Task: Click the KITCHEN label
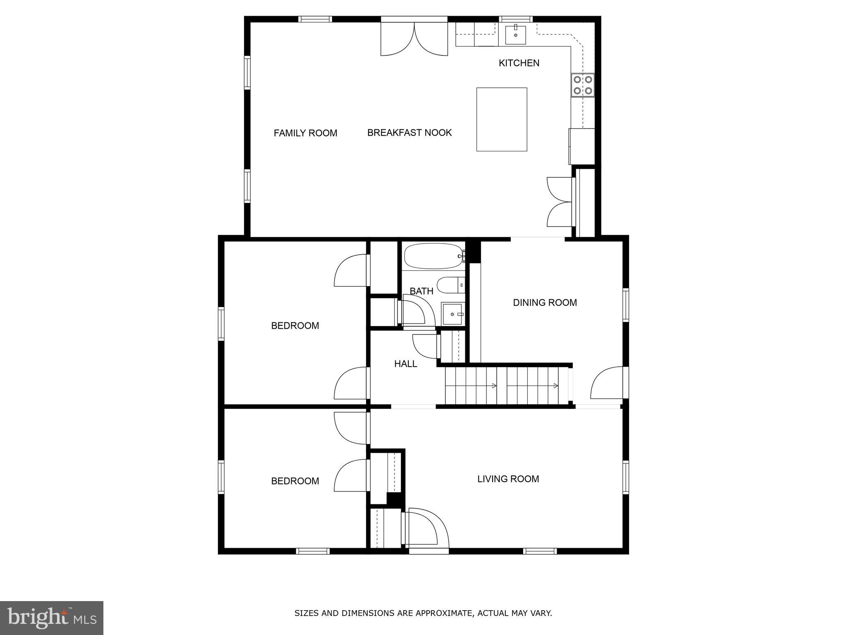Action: click(519, 63)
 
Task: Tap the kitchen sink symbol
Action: click(515, 35)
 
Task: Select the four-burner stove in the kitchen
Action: click(582, 85)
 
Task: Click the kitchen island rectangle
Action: click(501, 119)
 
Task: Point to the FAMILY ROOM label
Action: click(305, 133)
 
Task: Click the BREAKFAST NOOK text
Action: click(409, 133)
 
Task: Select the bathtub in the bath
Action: click(433, 256)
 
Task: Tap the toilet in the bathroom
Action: click(450, 285)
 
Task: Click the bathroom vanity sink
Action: click(452, 314)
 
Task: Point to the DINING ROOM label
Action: click(544, 303)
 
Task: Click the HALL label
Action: click(405, 364)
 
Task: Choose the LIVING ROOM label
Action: click(508, 479)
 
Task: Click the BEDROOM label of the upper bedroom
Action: click(295, 326)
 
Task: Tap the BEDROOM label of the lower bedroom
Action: click(295, 481)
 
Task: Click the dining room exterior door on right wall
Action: click(607, 383)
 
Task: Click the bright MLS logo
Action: click(52, 618)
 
